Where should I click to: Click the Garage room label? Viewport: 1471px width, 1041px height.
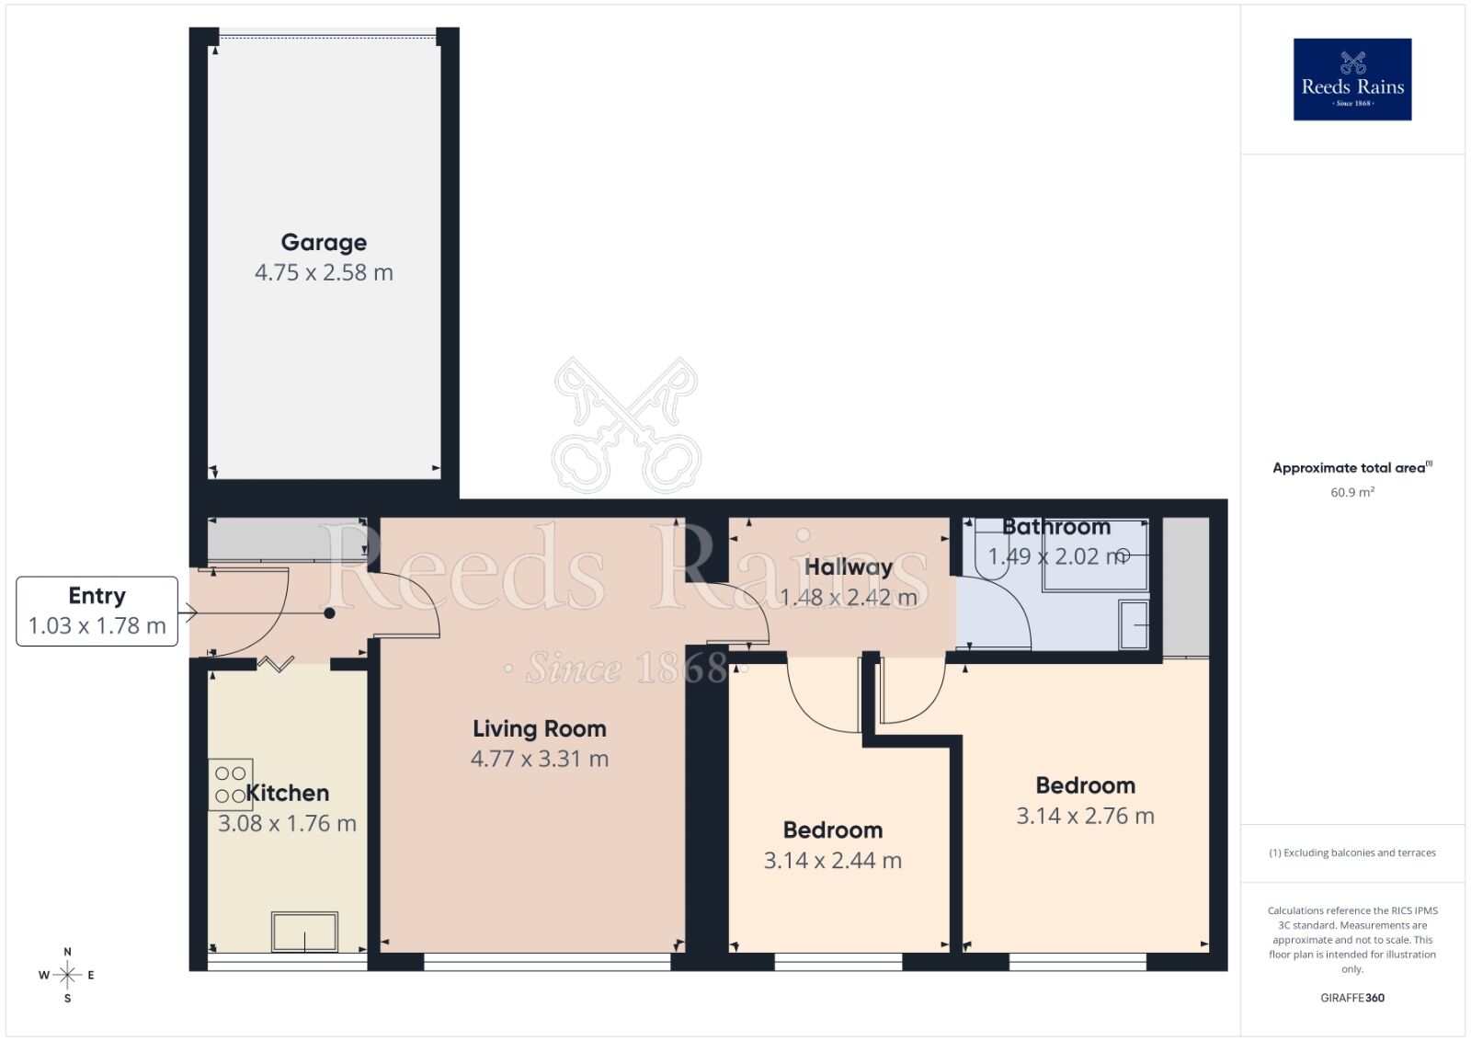point(324,242)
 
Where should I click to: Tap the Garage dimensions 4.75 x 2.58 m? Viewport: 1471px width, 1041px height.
point(324,272)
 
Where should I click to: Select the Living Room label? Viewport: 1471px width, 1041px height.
point(540,728)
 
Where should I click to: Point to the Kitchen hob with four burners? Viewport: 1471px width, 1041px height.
point(231,784)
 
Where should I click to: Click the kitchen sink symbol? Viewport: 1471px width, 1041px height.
point(304,932)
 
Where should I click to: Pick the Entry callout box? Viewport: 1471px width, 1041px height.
point(97,611)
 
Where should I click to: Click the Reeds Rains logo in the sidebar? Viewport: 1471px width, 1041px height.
point(1352,79)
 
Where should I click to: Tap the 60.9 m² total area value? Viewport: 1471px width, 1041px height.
point(1352,492)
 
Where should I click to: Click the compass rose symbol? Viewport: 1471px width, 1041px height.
point(67,975)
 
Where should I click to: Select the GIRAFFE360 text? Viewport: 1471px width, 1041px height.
point(1352,998)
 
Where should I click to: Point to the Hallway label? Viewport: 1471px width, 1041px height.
point(849,566)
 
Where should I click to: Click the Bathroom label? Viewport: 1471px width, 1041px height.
point(1056,527)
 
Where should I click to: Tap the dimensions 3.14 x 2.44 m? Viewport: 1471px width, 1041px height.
point(833,861)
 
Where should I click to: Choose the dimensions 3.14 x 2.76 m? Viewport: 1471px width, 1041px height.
point(1085,816)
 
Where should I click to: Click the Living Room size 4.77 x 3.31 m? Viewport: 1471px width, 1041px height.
point(540,759)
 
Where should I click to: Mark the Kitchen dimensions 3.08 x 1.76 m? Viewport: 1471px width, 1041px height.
point(287,823)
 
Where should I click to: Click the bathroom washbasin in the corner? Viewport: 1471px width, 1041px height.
point(1135,624)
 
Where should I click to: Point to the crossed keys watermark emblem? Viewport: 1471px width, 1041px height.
point(626,425)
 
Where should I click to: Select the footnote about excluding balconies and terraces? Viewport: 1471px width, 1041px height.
point(1352,852)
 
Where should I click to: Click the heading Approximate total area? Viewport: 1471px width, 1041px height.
point(1349,468)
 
